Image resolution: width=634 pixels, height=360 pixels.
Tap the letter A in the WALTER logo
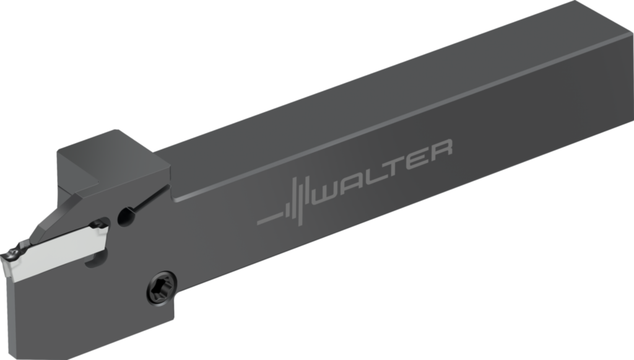tap(353, 183)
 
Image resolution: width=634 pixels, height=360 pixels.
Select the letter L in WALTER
tap(374, 175)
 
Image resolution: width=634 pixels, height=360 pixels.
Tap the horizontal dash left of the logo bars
tap(270, 219)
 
